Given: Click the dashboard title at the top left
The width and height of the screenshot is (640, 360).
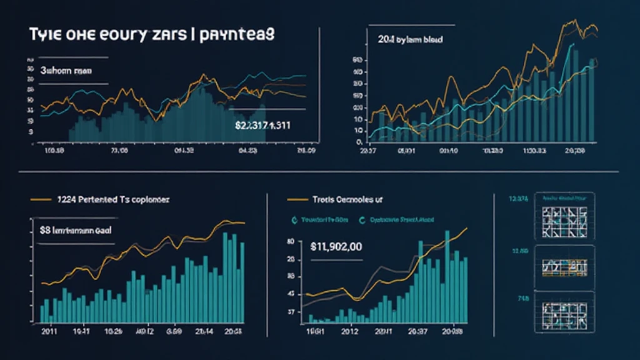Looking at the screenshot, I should pyautogui.click(x=151, y=35).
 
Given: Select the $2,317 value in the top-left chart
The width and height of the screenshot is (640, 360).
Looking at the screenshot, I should pyautogui.click(x=262, y=125).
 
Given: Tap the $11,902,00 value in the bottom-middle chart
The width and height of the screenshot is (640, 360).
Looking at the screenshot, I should pyautogui.click(x=336, y=246).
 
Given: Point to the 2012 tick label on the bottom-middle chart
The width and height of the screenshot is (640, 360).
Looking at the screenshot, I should pyautogui.click(x=352, y=331).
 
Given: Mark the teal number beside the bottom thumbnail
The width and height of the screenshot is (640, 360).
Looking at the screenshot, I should pyautogui.click(x=522, y=299).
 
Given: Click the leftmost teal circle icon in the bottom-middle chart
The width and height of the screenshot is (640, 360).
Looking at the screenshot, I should pyautogui.click(x=294, y=220).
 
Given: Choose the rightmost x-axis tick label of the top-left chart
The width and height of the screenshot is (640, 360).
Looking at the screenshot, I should pyautogui.click(x=306, y=151).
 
